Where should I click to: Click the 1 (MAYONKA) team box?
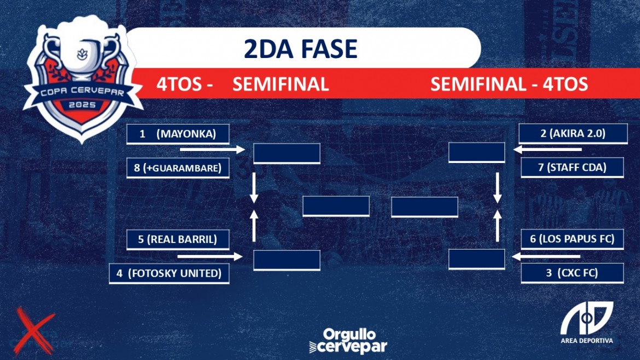coord(178,134)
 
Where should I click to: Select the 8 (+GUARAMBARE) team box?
coord(178,168)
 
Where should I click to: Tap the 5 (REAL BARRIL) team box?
coord(178,239)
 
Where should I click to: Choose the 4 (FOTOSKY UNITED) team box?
coord(169,273)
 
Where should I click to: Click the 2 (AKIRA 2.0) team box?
coord(573,133)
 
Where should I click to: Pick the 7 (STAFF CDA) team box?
coord(572,167)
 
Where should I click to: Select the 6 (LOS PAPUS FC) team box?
coord(572,239)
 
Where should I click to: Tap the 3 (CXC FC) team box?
coord(572,273)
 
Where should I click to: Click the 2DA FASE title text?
coord(301,49)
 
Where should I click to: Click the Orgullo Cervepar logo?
coord(348,341)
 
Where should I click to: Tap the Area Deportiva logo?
coord(587,323)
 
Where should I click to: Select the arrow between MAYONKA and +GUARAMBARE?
coord(212,150)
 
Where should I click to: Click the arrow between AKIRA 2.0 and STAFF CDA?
coord(548,150)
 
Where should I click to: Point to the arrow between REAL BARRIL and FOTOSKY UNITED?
coord(210,257)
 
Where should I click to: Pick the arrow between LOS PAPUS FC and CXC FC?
coord(546,257)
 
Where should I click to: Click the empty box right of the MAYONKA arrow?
coord(287,154)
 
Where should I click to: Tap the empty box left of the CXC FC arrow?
coord(477,259)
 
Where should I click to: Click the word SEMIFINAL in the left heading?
coord(281,84)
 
